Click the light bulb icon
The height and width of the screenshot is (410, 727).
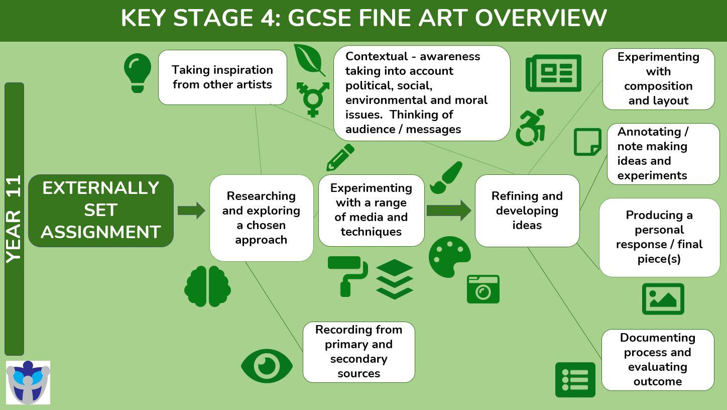click(138, 72)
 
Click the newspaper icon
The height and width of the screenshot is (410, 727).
click(553, 73)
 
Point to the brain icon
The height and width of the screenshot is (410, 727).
click(207, 286)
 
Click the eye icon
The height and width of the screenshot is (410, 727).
click(267, 365)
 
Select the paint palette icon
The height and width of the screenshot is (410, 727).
click(449, 256)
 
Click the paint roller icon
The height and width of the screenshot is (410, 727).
click(347, 275)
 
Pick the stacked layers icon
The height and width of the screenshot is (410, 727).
click(394, 279)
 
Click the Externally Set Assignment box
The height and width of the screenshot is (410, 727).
click(101, 211)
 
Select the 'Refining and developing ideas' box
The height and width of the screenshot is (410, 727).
click(527, 211)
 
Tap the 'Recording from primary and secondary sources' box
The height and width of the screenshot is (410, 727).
click(358, 352)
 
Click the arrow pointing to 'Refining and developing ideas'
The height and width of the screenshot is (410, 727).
click(449, 211)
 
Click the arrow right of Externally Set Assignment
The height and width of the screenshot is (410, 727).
click(191, 210)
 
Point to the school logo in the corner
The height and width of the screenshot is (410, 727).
click(28, 382)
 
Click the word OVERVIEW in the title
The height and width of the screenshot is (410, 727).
click(541, 18)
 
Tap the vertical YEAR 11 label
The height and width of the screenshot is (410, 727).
click(14, 219)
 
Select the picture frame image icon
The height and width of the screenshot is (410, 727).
click(663, 299)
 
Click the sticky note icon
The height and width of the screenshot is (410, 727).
click(587, 142)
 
